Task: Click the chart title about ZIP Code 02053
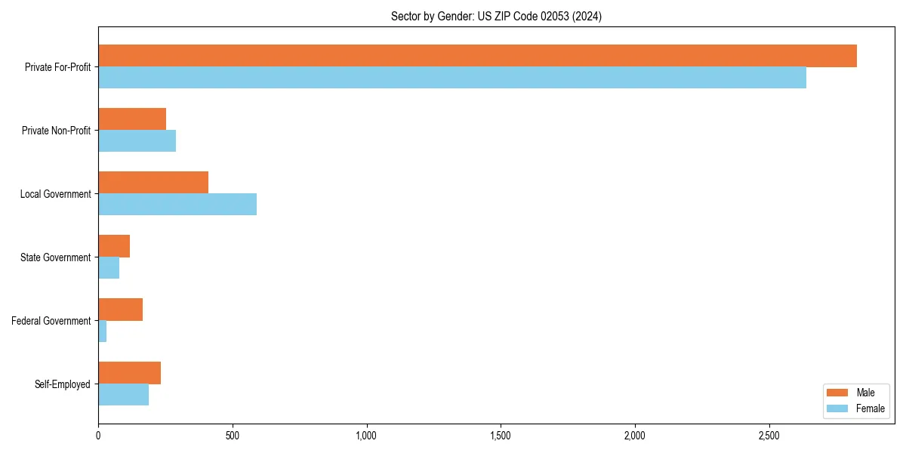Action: pos(496,16)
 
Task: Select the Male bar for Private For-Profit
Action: pos(477,56)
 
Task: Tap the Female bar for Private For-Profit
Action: pos(452,78)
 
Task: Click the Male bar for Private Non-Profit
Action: pos(132,119)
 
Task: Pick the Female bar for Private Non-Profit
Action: pos(137,141)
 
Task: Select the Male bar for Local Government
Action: pos(153,183)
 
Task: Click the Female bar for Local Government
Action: pos(177,205)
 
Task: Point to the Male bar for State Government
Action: pos(114,246)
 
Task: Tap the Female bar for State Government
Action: pos(109,268)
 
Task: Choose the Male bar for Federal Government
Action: pos(120,310)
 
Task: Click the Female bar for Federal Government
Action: pos(103,331)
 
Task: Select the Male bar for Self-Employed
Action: pos(129,373)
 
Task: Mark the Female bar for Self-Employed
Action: pos(123,395)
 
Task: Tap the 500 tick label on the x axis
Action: pos(233,436)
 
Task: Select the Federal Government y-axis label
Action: pos(51,321)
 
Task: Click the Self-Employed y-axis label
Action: pos(62,384)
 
